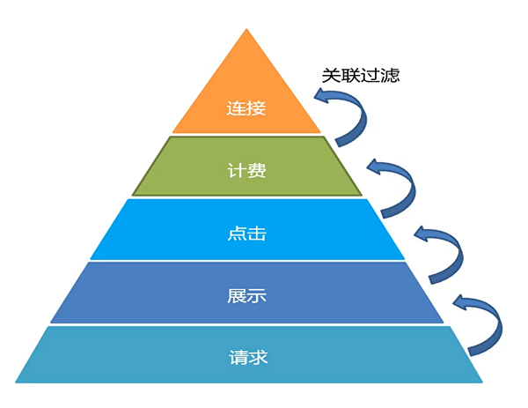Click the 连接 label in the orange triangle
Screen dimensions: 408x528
[246, 109]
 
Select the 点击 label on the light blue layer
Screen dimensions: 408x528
[246, 234]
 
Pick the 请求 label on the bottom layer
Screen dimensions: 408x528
[246, 358]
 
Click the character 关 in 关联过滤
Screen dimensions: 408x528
[331, 75]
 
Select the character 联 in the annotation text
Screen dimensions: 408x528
[350, 75]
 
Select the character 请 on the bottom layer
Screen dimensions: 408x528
[236, 358]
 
